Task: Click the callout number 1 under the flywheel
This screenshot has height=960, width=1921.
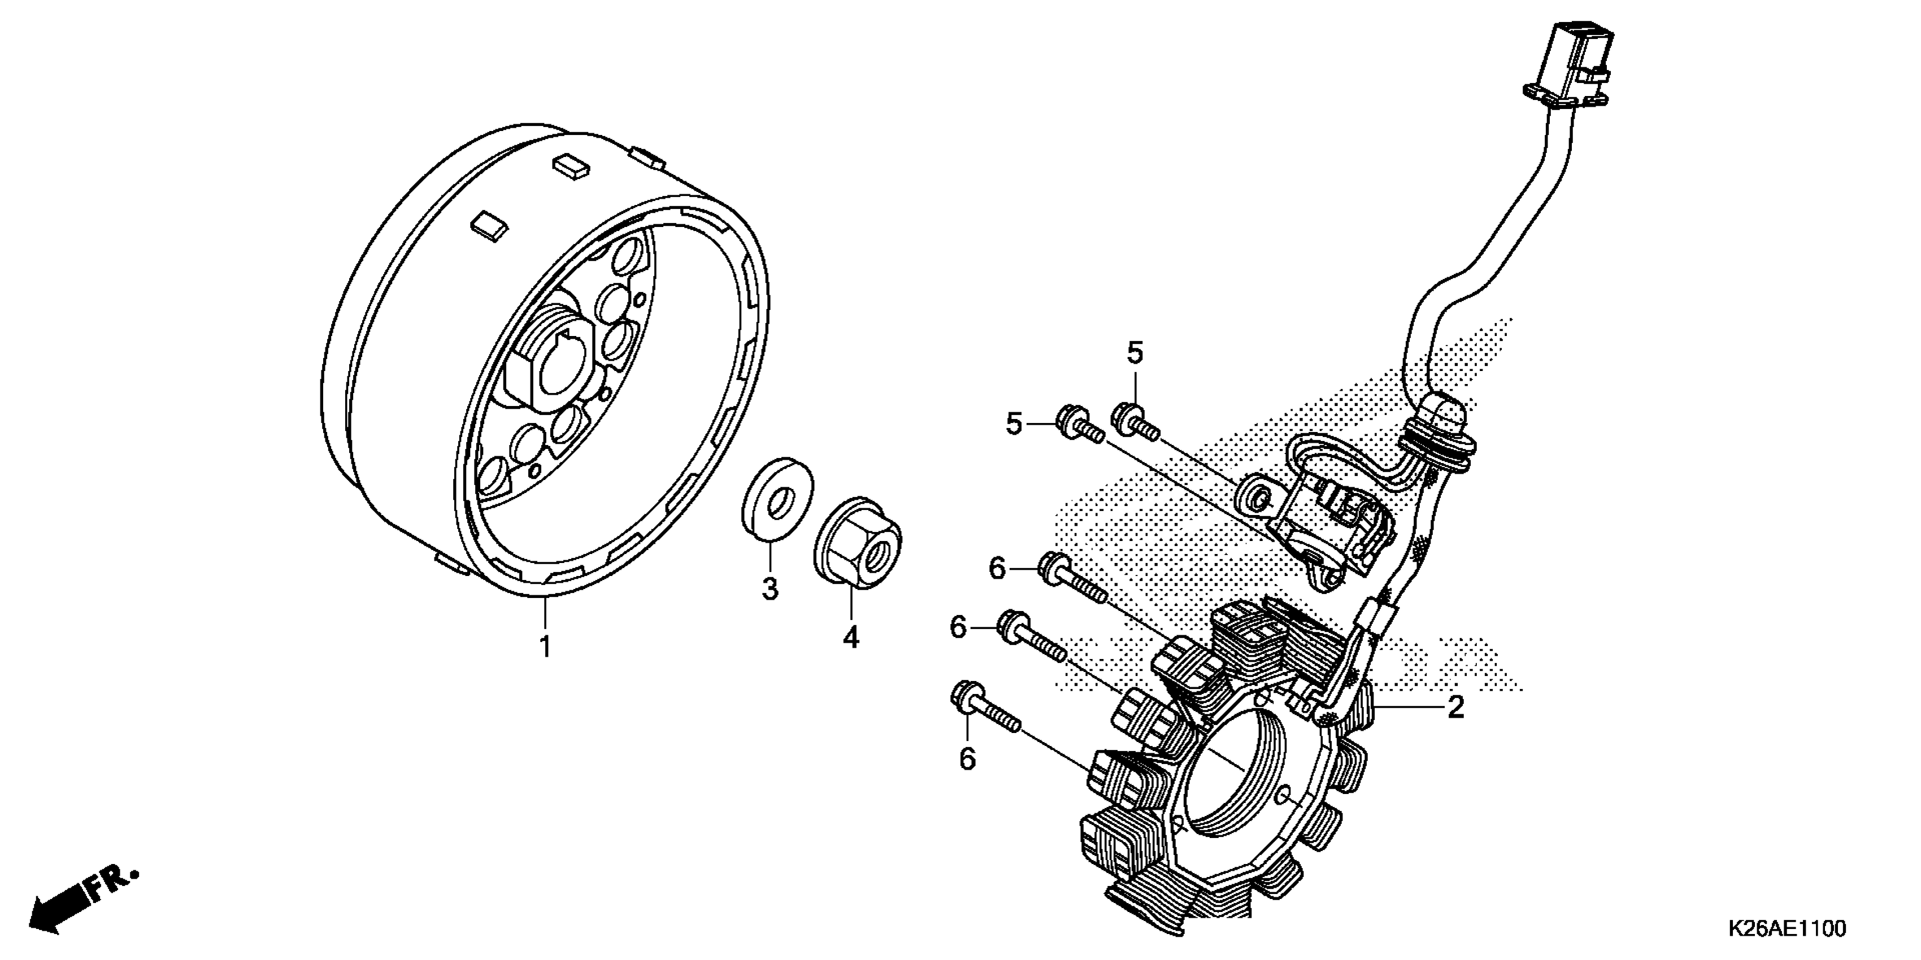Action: [545, 645]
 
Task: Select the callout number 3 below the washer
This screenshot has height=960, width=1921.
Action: [770, 589]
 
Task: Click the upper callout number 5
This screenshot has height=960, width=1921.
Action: [1135, 352]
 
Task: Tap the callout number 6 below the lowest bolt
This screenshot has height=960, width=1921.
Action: [967, 759]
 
